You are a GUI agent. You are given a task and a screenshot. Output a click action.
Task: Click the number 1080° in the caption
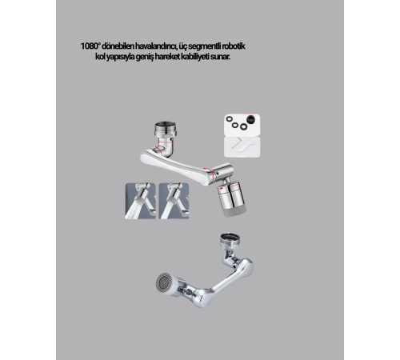(90, 46)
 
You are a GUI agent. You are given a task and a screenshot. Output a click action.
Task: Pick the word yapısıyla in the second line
(120, 57)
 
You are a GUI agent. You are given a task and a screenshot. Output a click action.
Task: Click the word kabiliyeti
(195, 57)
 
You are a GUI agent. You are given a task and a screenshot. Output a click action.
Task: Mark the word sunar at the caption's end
(220, 57)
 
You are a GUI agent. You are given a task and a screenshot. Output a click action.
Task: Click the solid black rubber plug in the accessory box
(250, 119)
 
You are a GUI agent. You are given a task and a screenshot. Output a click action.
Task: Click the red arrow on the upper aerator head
(221, 188)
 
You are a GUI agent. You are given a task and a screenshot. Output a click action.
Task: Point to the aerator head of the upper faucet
(232, 198)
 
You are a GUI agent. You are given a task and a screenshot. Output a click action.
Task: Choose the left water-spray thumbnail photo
(140, 201)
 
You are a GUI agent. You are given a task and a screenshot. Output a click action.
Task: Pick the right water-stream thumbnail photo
(174, 201)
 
